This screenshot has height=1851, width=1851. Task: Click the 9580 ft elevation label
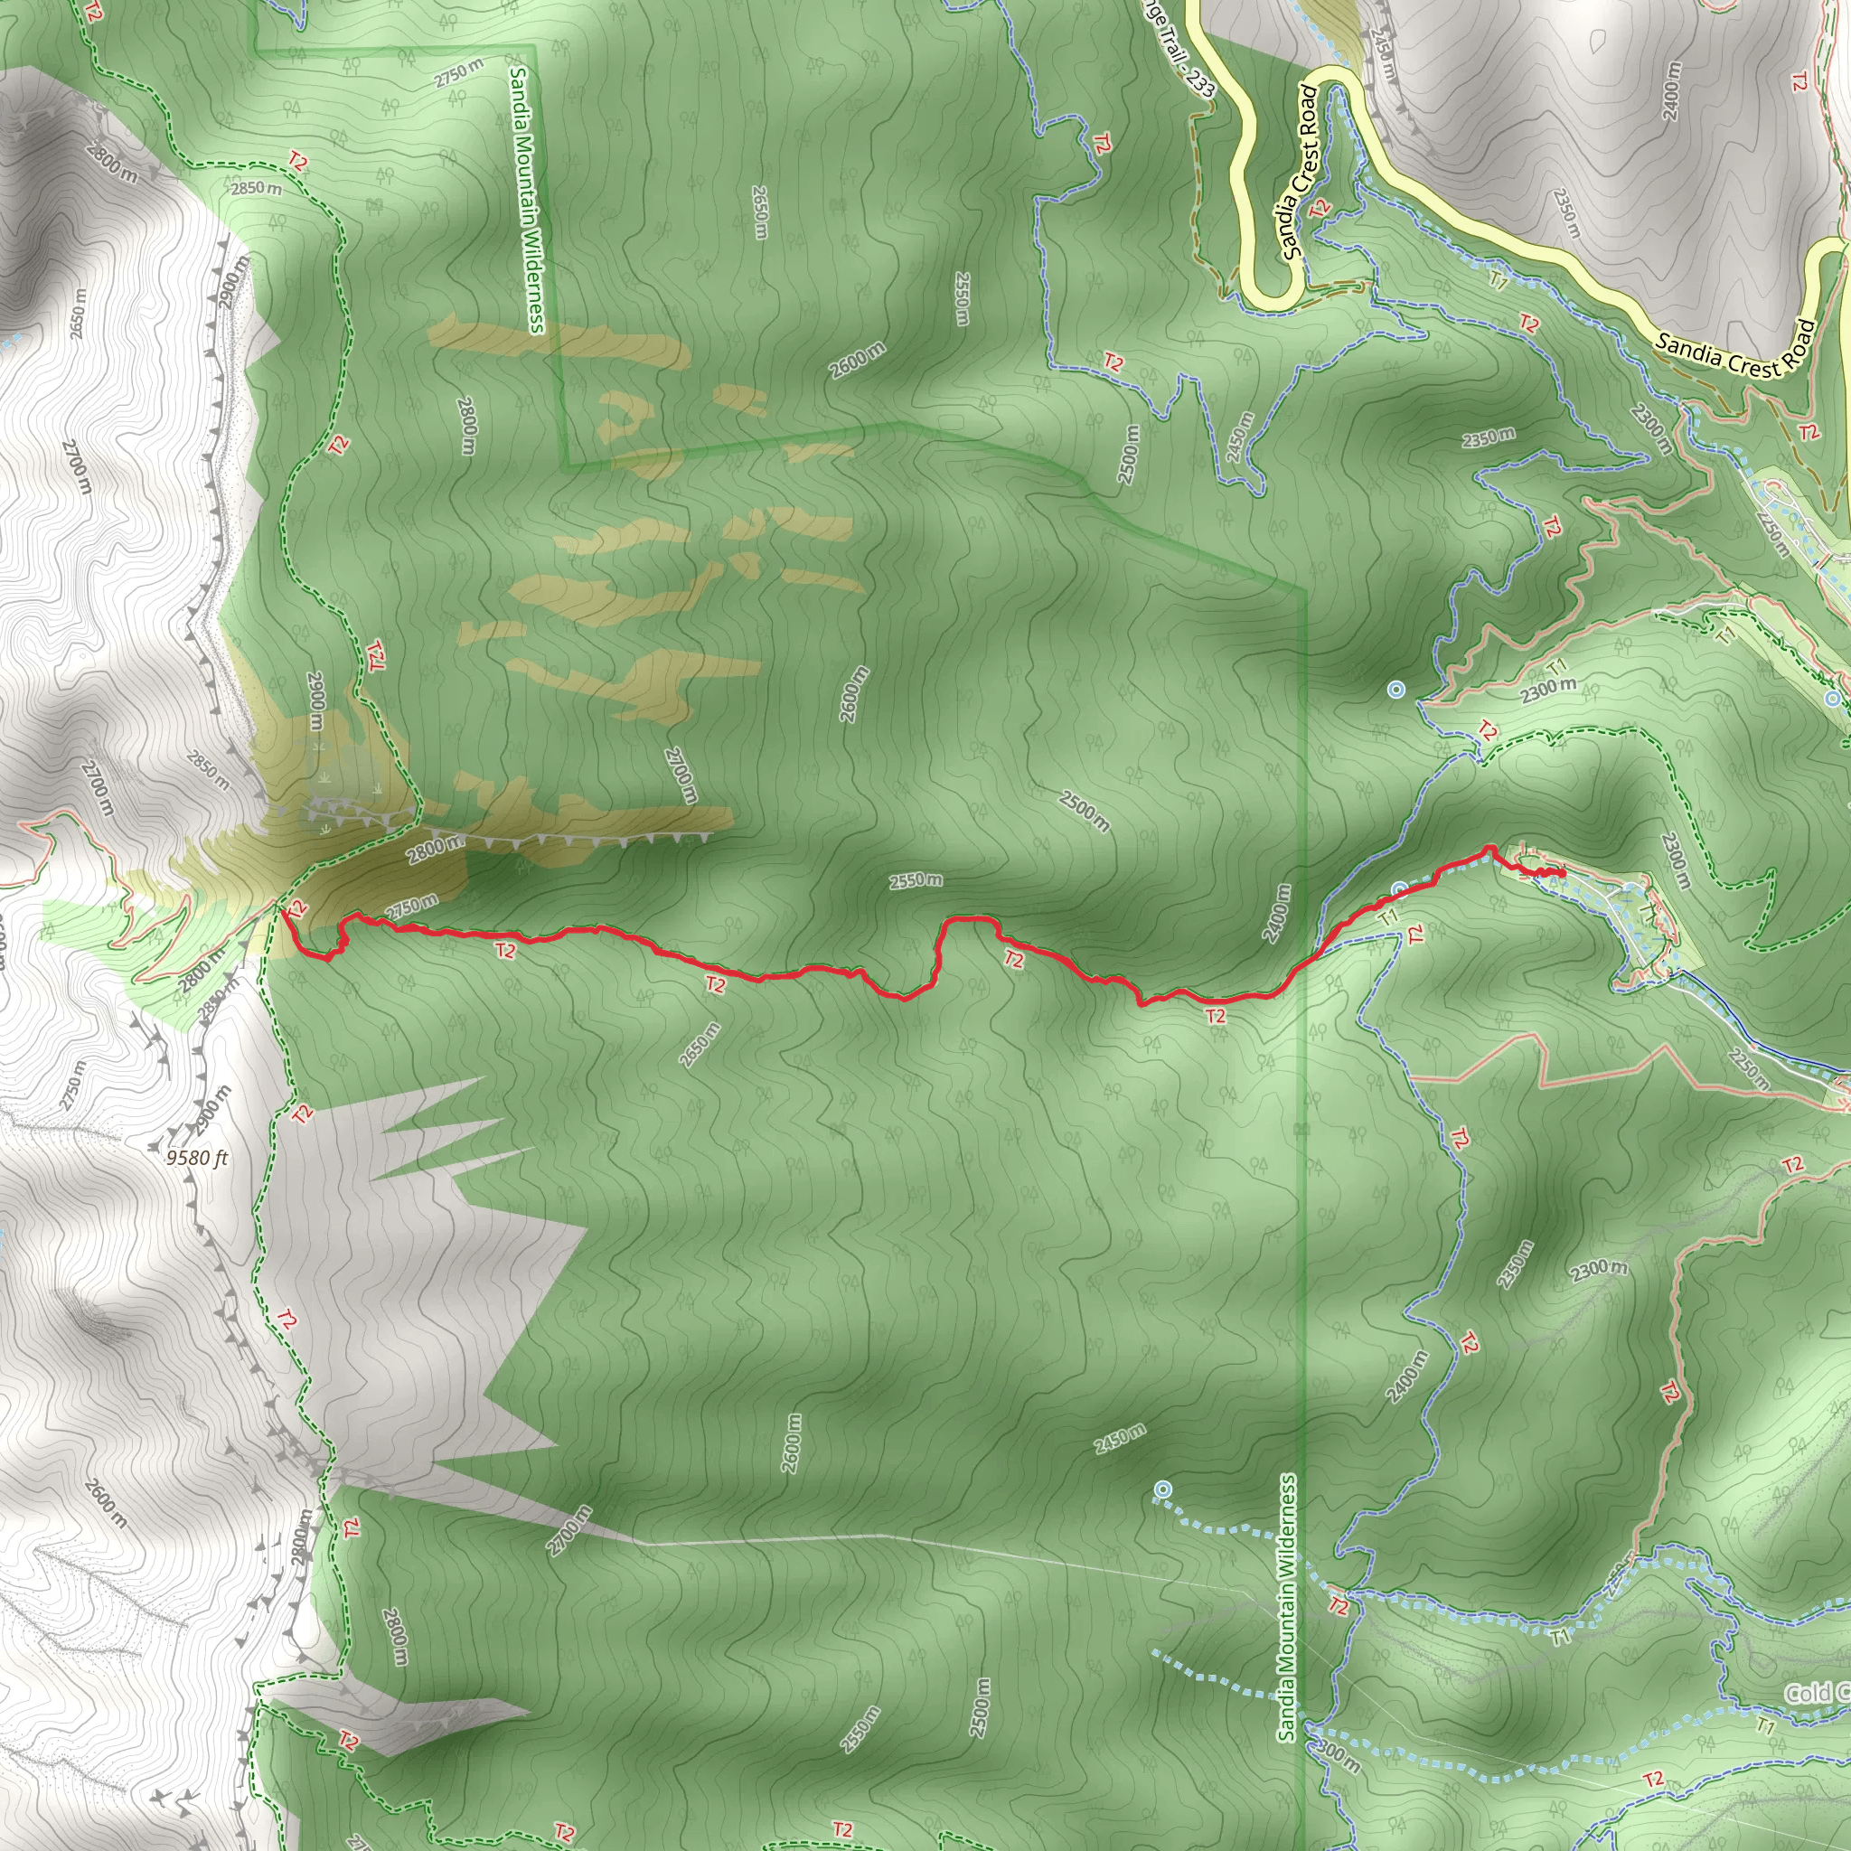pyautogui.click(x=196, y=1158)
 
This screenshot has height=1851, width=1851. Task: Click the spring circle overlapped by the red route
pyautogui.click(x=1398, y=890)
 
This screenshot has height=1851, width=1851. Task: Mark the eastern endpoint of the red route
pyautogui.click(x=1563, y=873)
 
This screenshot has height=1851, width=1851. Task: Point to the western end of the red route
pyautogui.click(x=284, y=911)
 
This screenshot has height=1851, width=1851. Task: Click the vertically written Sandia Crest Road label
pyautogui.click(x=1299, y=173)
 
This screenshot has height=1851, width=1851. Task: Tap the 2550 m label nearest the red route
pyautogui.click(x=915, y=879)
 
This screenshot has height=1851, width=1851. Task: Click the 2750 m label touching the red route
pyautogui.click(x=413, y=906)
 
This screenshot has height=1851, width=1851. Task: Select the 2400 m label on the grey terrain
pyautogui.click(x=1671, y=92)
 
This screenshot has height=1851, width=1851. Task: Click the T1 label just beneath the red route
pyautogui.click(x=1388, y=916)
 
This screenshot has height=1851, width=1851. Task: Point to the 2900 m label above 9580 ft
pyautogui.click(x=212, y=1110)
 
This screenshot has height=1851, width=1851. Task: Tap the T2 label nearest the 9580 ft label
pyautogui.click(x=302, y=1114)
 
